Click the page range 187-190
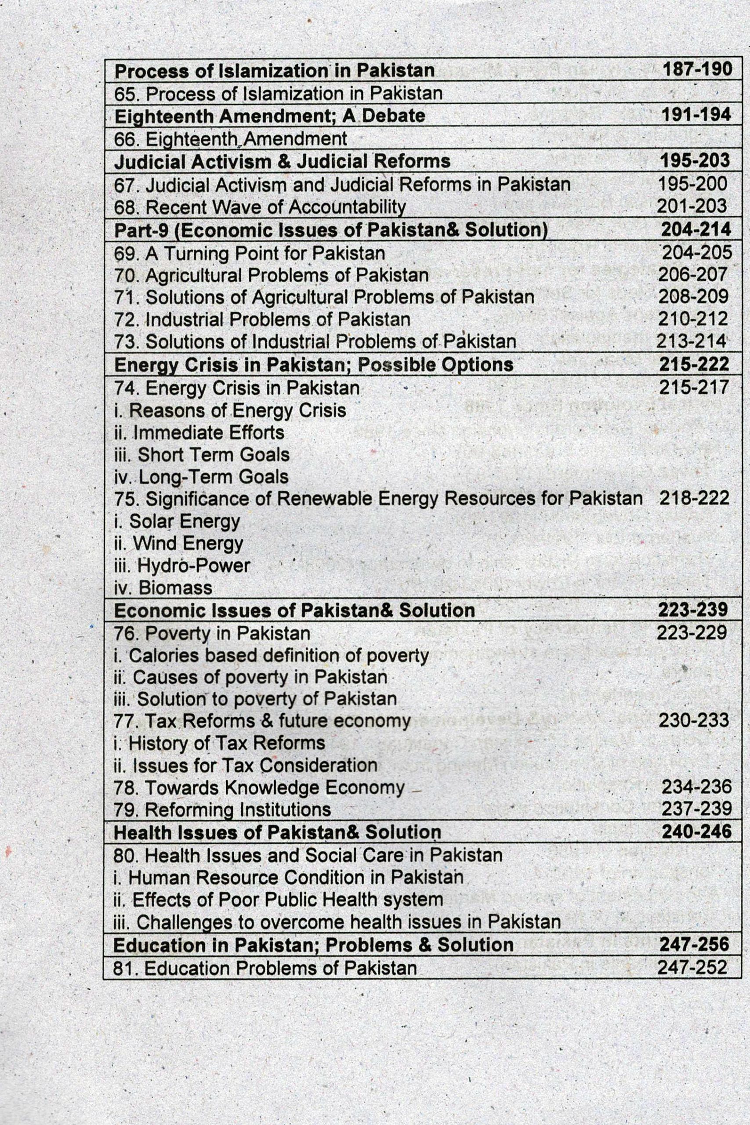(x=697, y=70)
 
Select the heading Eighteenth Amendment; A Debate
(x=270, y=116)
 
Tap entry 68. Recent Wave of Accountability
(x=260, y=207)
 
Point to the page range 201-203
(x=692, y=206)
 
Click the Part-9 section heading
(x=330, y=230)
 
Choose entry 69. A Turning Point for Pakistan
(x=249, y=253)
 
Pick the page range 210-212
(x=693, y=319)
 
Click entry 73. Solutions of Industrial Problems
(x=315, y=341)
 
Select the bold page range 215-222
(x=694, y=364)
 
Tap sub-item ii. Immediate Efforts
(x=199, y=432)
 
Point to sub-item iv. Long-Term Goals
(x=201, y=477)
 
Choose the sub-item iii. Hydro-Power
(x=182, y=566)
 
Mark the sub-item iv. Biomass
(x=163, y=588)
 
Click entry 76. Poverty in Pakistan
(x=212, y=633)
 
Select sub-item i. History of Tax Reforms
(x=220, y=743)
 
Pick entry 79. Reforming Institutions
(x=222, y=809)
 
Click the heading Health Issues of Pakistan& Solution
(x=277, y=832)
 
